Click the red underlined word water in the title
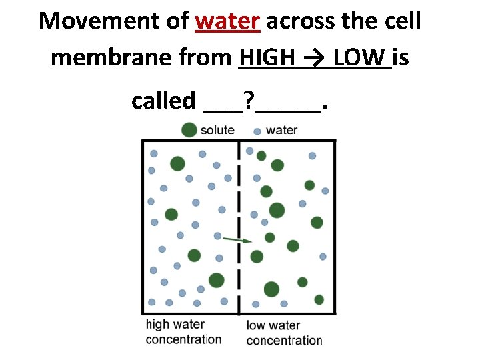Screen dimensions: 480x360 pos(227,21)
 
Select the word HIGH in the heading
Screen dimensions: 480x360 pos(267,58)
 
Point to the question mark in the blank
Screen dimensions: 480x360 pos(248,101)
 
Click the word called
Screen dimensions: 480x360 pos(162,101)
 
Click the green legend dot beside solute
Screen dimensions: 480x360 pos(189,129)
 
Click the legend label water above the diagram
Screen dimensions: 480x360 pos(281,129)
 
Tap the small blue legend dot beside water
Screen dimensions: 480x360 pos(257,131)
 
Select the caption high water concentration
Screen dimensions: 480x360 pos(183,332)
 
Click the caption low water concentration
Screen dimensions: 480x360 pos(284,333)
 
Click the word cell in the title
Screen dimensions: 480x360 pos(402,21)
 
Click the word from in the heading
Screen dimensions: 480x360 pos(202,58)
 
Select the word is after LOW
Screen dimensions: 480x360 pos(401,58)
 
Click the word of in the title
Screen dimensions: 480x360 pos(177,21)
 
